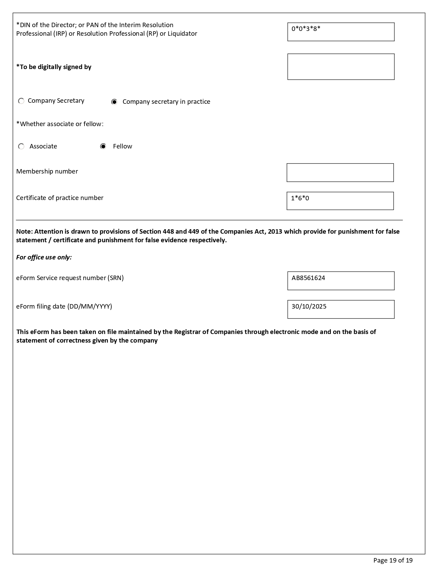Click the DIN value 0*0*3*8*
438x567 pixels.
[306, 29]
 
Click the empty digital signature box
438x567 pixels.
[341, 67]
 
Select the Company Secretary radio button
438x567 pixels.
[21, 101]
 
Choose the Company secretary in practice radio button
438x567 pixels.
[114, 102]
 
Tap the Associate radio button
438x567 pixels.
[21, 147]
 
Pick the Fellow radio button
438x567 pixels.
[103, 147]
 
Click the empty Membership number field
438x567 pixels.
[340, 173]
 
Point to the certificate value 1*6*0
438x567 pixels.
[300, 198]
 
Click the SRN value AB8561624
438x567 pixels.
[308, 278]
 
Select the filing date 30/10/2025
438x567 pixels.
[309, 307]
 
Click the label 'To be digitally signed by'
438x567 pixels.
[54, 67]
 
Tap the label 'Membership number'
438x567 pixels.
[47, 171]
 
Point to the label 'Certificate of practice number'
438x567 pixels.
[60, 198]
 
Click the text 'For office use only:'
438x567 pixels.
[44, 257]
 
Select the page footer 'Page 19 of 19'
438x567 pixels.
[393, 560]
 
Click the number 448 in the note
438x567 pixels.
[168, 232]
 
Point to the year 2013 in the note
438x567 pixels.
[275, 232]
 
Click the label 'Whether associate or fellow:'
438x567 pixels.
[60, 124]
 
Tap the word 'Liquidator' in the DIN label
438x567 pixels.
[182, 34]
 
